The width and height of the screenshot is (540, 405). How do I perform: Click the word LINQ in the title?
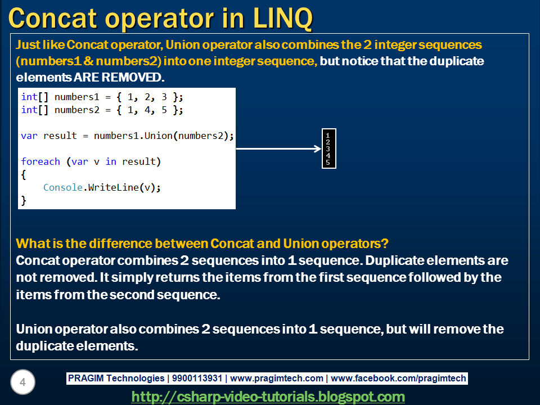coord(283,17)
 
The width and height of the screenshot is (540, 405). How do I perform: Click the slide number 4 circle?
coord(22,382)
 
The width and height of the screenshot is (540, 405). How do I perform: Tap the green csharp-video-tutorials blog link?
coord(268,397)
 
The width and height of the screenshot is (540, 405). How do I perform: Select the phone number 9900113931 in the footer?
coord(197,378)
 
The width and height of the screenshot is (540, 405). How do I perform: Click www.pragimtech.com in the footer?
coord(277,378)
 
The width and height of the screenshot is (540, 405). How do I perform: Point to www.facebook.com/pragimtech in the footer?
coord(398,378)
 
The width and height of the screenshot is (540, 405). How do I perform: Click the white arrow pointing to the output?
coord(278,148)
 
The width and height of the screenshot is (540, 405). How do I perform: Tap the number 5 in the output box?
coord(328,162)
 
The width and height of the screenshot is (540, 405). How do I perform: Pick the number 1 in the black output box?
coord(328,136)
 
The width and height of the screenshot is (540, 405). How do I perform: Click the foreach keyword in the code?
coord(40,161)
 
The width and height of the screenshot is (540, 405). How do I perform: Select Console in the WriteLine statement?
coord(63,187)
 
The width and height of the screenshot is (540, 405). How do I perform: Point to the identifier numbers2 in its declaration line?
coord(77,110)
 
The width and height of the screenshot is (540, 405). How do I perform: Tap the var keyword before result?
coord(29,136)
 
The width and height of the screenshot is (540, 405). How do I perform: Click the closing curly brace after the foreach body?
coord(24,200)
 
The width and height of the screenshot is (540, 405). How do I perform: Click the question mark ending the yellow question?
coord(385,244)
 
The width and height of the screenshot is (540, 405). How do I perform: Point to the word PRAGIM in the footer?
coord(85,378)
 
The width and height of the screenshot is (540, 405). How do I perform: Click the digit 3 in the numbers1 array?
coord(164,97)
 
